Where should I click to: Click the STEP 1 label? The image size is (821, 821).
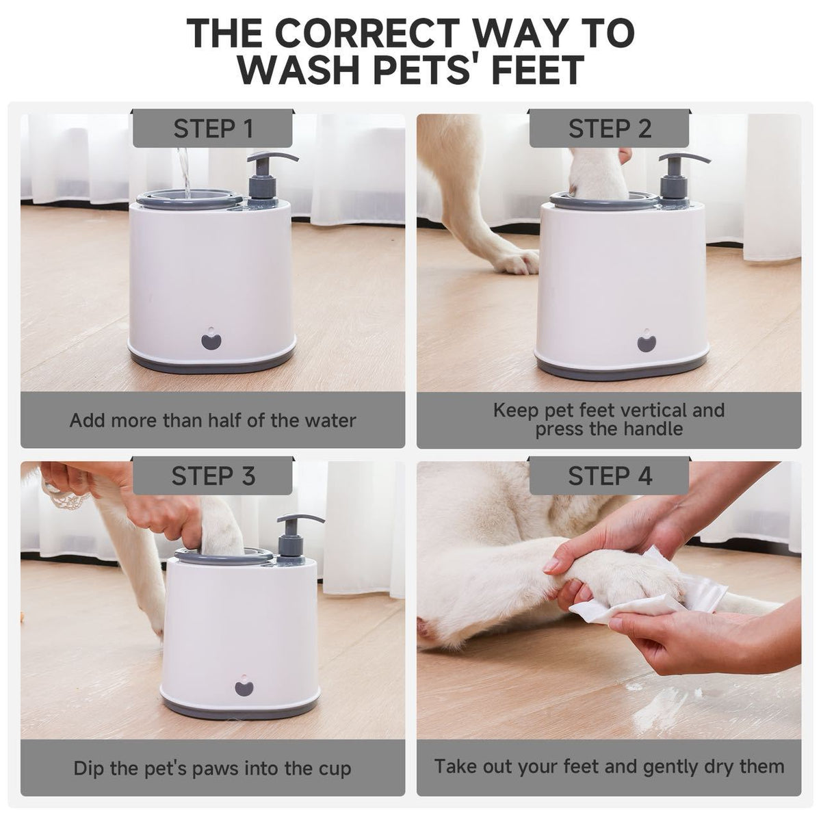pos(213,128)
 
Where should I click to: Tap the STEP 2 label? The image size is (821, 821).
pos(609,128)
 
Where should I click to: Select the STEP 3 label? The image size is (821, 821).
pos(213,475)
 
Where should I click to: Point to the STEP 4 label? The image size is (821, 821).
pos(609,475)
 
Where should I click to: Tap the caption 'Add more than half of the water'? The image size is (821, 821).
pos(213,419)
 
